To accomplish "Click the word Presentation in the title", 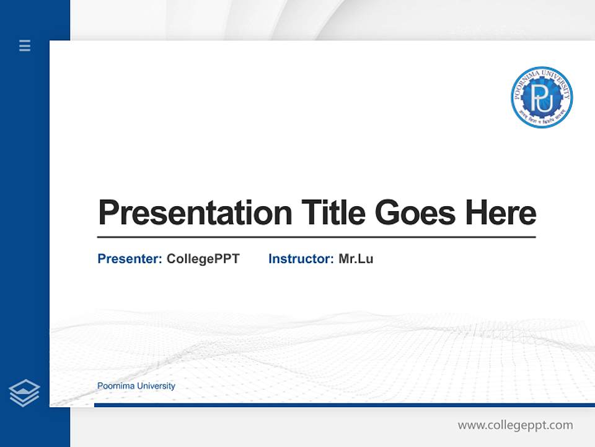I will [x=195, y=213].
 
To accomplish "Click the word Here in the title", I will [x=501, y=213].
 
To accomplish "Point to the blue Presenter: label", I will [x=130, y=259].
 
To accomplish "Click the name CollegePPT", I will [x=203, y=259].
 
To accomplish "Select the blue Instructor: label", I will [x=301, y=259].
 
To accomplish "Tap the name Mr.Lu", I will [x=356, y=259].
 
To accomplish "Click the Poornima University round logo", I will [x=542, y=97].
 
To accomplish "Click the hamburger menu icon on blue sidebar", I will [x=25, y=45].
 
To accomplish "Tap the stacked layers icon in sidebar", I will [x=24, y=393].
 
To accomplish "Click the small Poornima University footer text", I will [x=136, y=386].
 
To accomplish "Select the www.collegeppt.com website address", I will [x=515, y=425].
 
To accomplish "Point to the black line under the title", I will [x=316, y=237].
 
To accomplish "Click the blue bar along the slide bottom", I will [x=344, y=405].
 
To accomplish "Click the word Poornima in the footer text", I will [x=116, y=386].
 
